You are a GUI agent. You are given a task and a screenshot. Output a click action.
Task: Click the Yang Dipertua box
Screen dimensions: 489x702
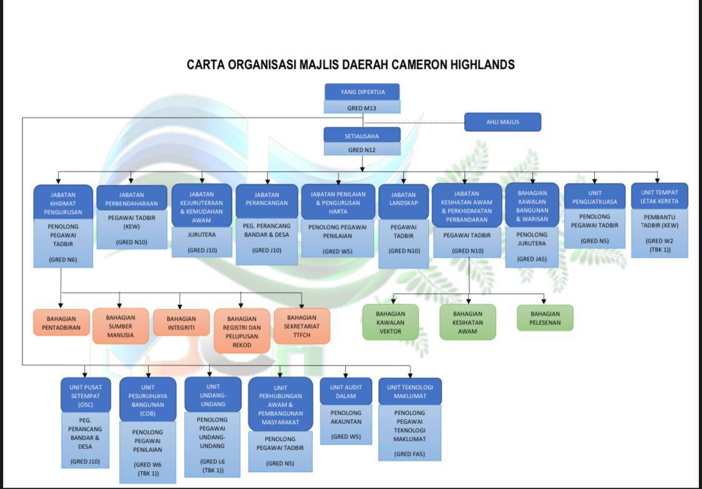click(362, 92)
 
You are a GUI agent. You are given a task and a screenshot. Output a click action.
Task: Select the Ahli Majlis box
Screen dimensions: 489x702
click(502, 122)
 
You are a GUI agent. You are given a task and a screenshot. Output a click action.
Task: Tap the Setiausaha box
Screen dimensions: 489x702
click(362, 135)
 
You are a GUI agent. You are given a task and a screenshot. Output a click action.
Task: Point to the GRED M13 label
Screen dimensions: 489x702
click(362, 107)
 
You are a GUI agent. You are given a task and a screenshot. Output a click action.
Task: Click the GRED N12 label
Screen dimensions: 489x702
click(362, 150)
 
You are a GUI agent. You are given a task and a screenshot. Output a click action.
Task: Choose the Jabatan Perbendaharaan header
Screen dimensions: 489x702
click(132, 199)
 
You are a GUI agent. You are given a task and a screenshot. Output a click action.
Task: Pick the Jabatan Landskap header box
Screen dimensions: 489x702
click(403, 199)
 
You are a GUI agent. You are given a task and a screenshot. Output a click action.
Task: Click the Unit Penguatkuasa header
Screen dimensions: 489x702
click(595, 197)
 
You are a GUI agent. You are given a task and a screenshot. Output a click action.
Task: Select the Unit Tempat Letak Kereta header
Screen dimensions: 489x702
click(659, 196)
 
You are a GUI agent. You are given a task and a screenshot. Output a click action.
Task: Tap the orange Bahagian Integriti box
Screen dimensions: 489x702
click(181, 323)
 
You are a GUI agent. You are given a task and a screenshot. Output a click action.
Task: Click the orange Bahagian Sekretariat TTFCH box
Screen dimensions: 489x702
click(302, 326)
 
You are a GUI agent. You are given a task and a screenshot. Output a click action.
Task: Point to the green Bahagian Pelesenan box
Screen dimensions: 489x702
click(545, 318)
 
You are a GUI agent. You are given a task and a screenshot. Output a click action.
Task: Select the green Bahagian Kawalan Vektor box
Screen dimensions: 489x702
click(390, 322)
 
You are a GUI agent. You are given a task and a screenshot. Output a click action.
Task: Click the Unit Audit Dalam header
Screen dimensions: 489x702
click(346, 391)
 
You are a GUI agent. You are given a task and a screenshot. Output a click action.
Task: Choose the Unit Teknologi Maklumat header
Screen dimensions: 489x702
click(410, 391)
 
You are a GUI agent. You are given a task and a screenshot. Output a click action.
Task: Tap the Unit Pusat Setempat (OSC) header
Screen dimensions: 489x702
click(85, 395)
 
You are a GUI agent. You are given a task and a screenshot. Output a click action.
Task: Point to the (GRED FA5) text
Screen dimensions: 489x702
click(409, 454)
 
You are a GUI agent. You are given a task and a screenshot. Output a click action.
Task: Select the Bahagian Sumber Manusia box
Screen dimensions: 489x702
click(120, 326)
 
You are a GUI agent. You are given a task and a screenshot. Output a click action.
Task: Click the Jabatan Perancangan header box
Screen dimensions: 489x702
click(267, 199)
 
